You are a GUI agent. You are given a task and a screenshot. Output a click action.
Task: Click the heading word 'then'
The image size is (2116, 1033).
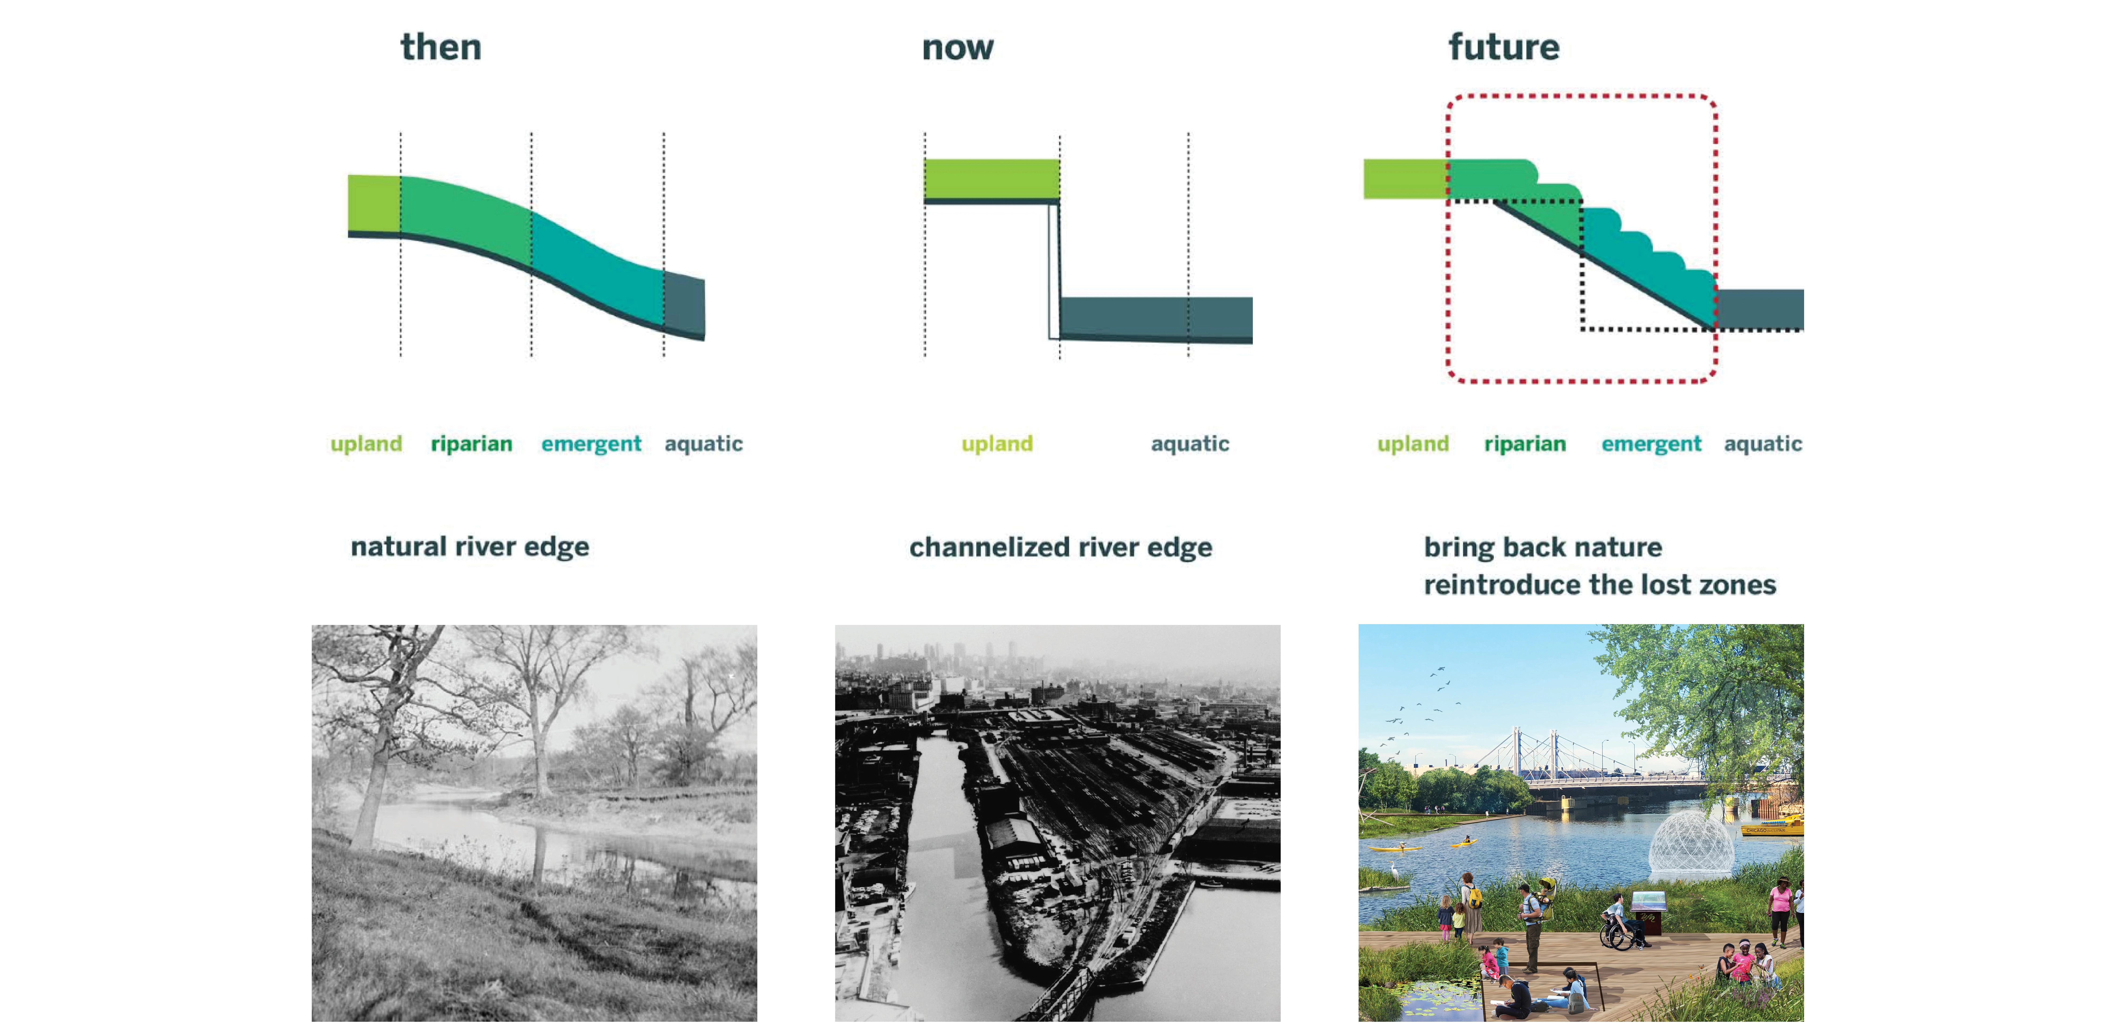(x=441, y=47)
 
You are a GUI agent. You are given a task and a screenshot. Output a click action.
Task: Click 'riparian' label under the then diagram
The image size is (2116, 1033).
(x=471, y=444)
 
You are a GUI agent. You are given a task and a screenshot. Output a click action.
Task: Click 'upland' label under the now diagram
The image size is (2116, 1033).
(x=997, y=444)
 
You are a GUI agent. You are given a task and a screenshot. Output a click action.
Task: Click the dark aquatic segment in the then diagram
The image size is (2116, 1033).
(x=684, y=304)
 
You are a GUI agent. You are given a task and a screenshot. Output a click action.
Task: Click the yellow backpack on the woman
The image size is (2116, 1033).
(x=1476, y=897)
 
